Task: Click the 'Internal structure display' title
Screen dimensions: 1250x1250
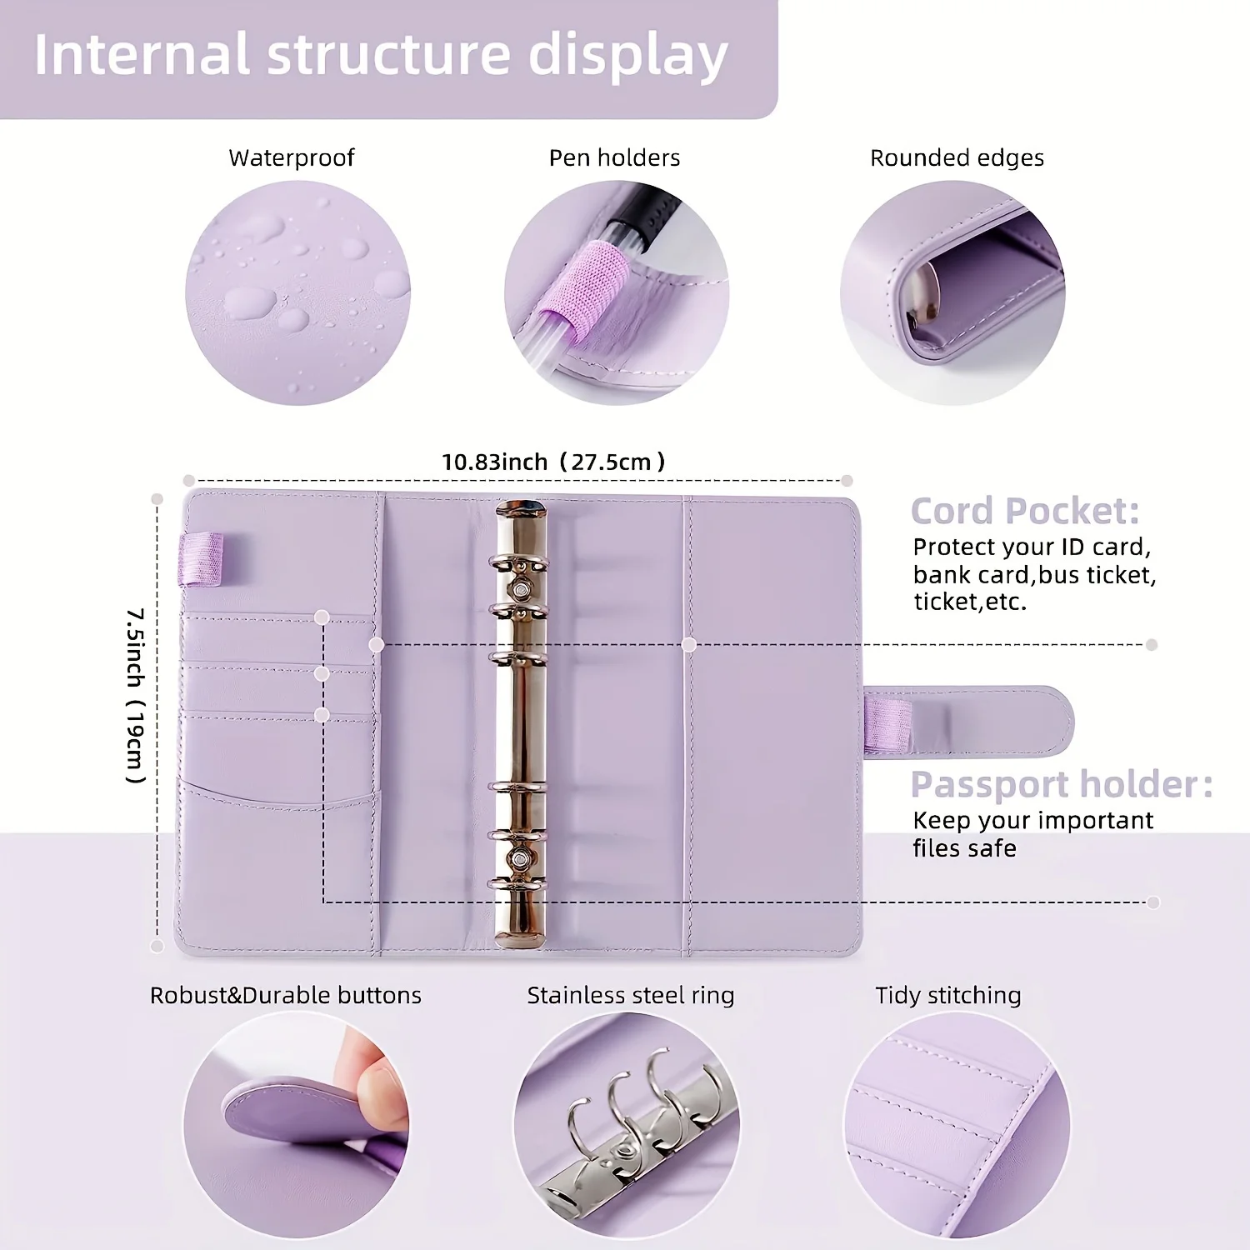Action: pyautogui.click(x=381, y=55)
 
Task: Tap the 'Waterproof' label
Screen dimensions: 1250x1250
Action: pyautogui.click(x=291, y=157)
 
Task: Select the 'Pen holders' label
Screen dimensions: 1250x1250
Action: pyautogui.click(x=614, y=157)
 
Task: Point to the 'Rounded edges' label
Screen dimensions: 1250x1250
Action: pyautogui.click(x=957, y=157)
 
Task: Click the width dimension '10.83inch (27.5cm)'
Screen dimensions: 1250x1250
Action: pyautogui.click(x=553, y=462)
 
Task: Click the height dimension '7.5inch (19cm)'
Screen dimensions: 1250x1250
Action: pyautogui.click(x=136, y=696)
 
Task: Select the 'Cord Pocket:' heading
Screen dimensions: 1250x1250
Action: pyautogui.click(x=1024, y=511)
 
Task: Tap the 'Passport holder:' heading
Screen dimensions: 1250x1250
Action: pyautogui.click(x=1061, y=784)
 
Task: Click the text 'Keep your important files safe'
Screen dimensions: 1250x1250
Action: pyautogui.click(x=1032, y=834)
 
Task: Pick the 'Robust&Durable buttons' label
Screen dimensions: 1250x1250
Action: pyautogui.click(x=285, y=995)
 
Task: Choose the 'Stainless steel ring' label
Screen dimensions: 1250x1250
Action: pyautogui.click(x=630, y=995)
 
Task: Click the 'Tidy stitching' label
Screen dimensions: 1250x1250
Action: pyautogui.click(x=947, y=995)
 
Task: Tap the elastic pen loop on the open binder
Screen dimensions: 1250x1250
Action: pyautogui.click(x=202, y=558)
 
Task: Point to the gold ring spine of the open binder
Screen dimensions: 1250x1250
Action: pyautogui.click(x=521, y=725)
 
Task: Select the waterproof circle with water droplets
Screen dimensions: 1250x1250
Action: pyautogui.click(x=297, y=293)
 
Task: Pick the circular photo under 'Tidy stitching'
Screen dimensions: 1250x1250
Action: pyautogui.click(x=956, y=1125)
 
